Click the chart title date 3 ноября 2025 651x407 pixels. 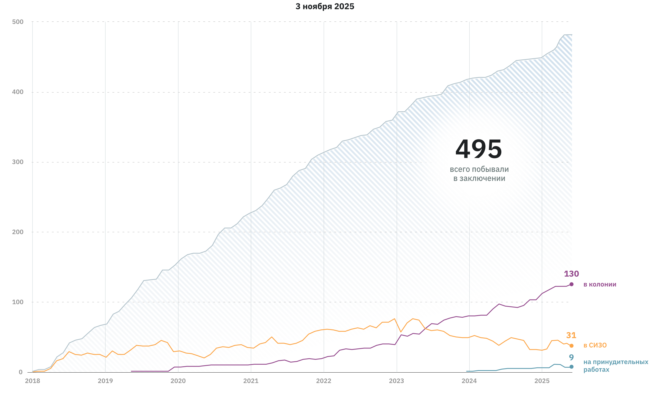(x=325, y=7)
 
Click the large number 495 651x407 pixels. (x=479, y=149)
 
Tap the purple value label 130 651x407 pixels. (x=571, y=274)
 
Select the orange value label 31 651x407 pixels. (x=571, y=335)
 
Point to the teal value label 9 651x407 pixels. (x=571, y=358)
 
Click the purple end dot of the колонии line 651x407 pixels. (x=571, y=284)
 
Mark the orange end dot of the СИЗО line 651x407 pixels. (x=571, y=346)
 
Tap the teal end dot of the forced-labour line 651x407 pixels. (x=571, y=367)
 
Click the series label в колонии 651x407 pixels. (x=600, y=285)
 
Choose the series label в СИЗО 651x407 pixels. (x=595, y=345)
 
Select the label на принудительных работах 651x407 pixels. (x=616, y=366)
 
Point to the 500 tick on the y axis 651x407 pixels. (x=18, y=22)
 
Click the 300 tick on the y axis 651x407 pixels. (x=18, y=162)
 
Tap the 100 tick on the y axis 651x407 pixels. (x=18, y=302)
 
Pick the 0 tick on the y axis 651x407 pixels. (x=21, y=372)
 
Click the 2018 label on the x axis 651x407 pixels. (x=32, y=381)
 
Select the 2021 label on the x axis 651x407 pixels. (x=251, y=381)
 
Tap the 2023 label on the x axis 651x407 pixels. (x=396, y=381)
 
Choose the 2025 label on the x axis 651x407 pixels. (x=542, y=381)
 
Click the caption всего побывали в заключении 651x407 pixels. (x=479, y=174)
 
